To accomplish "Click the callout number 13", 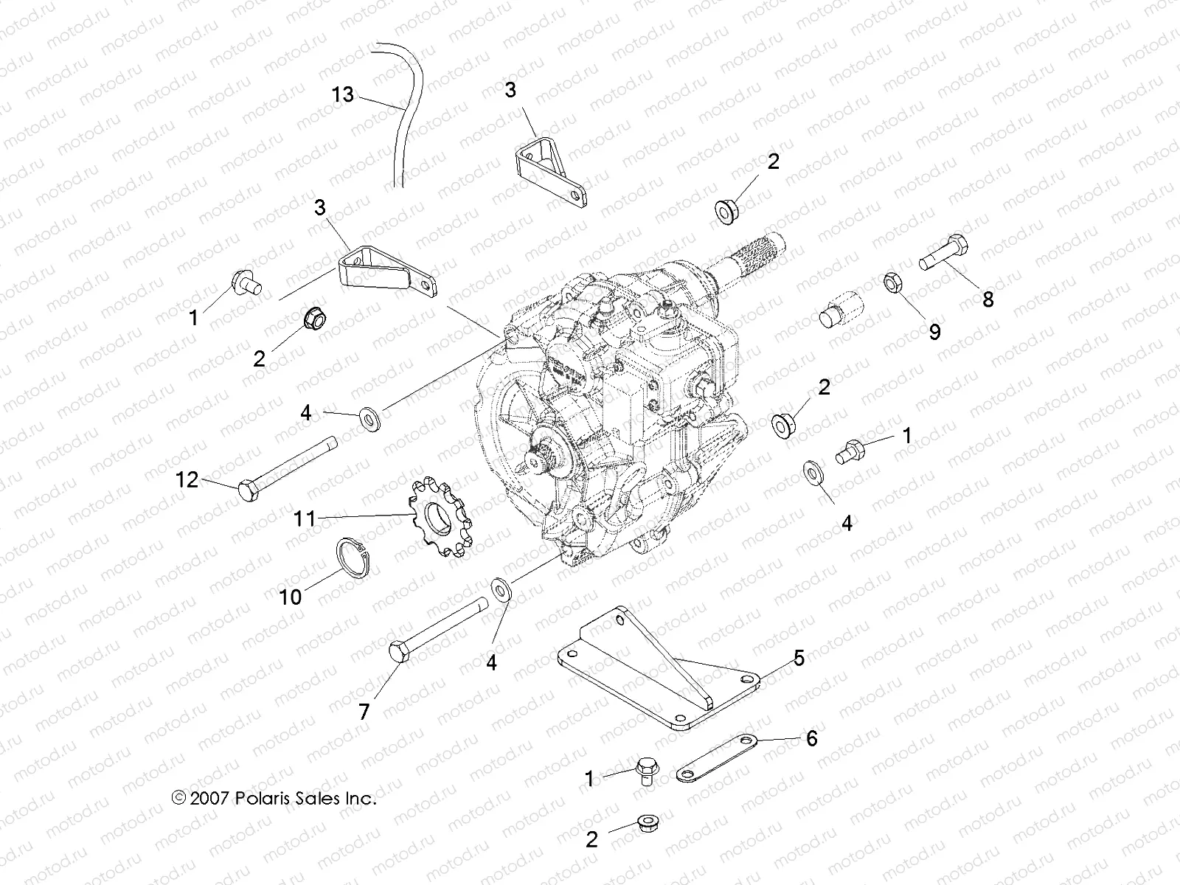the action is click(342, 95).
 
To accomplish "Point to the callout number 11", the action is click(305, 519).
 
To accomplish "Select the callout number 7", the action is click(364, 712).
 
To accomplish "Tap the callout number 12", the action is click(187, 480).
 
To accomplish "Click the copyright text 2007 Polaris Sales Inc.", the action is click(274, 798).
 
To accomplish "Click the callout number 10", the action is click(291, 597).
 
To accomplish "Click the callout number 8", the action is click(988, 299).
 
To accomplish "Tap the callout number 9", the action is click(934, 333).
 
